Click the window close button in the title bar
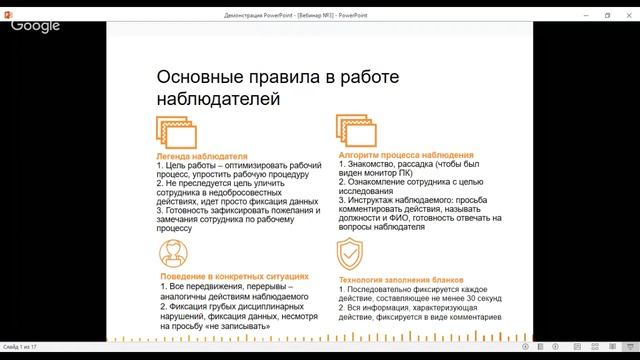(629, 16)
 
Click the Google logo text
(35, 25)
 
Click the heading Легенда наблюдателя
(201, 157)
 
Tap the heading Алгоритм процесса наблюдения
(406, 157)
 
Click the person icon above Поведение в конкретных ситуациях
(172, 251)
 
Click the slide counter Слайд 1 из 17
(20, 347)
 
